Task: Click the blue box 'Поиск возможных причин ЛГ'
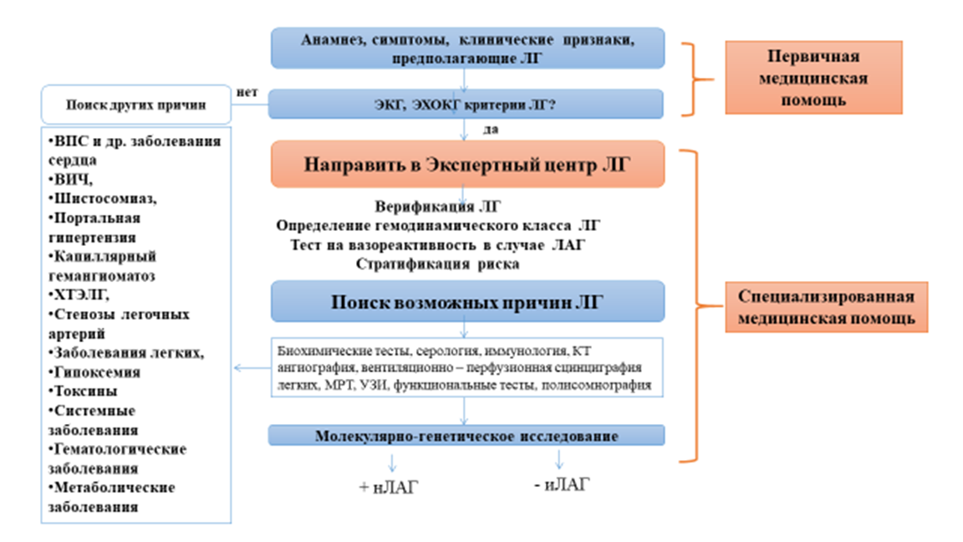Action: click(x=466, y=301)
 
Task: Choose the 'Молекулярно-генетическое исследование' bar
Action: click(x=466, y=436)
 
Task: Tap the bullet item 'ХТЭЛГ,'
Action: click(x=80, y=295)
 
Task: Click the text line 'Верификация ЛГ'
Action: click(x=438, y=206)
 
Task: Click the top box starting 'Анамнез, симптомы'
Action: click(x=466, y=49)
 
